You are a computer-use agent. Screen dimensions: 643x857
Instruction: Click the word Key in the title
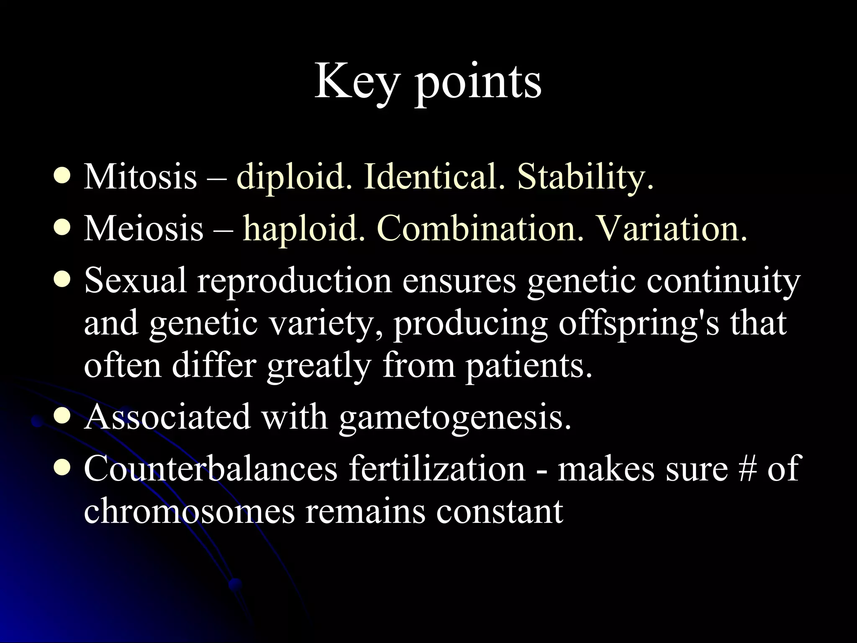pos(355,82)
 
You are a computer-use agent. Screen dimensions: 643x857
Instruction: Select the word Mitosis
pos(140,177)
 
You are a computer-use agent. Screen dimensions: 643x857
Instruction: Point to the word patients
pos(529,365)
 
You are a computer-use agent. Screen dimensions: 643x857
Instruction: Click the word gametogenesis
pos(455,417)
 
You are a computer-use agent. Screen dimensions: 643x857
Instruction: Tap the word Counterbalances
pos(210,469)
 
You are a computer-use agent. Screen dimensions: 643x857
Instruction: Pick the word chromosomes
pos(190,512)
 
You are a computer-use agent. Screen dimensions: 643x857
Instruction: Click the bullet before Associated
pos(62,417)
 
